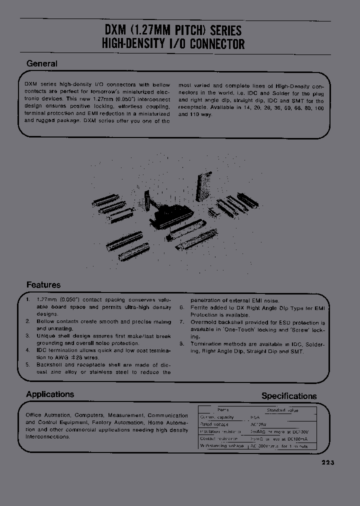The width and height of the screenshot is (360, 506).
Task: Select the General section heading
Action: tap(41, 64)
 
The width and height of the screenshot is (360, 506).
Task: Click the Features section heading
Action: tap(43, 285)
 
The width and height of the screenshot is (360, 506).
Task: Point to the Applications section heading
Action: tap(50, 394)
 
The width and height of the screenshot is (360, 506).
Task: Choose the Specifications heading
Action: tap(289, 396)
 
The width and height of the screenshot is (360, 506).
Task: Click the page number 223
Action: tap(327, 462)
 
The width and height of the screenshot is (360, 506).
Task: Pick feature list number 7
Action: tap(182, 323)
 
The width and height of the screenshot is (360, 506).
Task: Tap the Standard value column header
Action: tap(282, 410)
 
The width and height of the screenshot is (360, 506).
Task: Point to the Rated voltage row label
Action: tap(213, 423)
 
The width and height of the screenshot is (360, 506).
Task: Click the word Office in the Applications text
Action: tap(34, 415)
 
